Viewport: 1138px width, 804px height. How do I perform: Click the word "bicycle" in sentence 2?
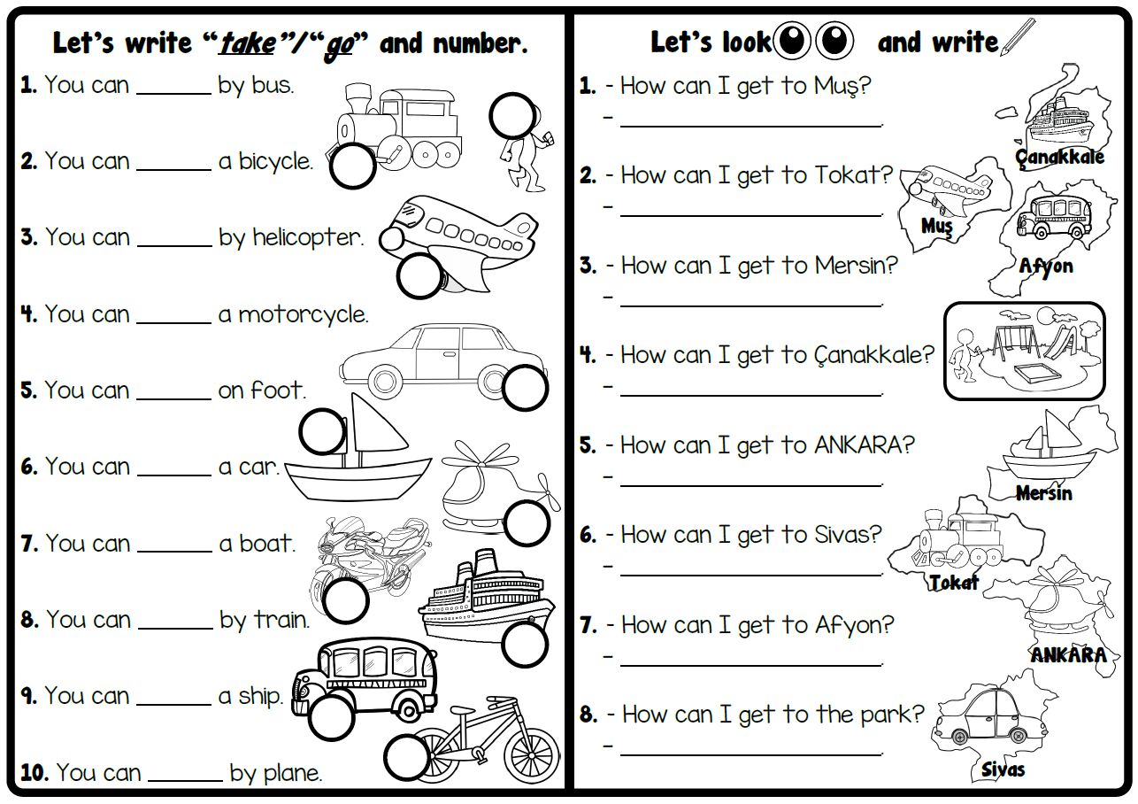click(x=275, y=162)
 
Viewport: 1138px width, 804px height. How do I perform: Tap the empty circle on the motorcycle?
click(x=345, y=601)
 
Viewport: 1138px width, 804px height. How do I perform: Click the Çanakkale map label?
click(x=1060, y=158)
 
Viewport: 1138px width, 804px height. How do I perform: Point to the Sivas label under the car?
click(x=1003, y=769)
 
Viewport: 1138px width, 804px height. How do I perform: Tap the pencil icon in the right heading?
click(x=1017, y=38)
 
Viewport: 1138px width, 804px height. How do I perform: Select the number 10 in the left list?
click(x=34, y=773)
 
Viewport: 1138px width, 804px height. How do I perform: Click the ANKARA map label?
click(x=1068, y=655)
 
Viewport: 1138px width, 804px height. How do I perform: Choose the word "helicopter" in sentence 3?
click(x=308, y=238)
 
